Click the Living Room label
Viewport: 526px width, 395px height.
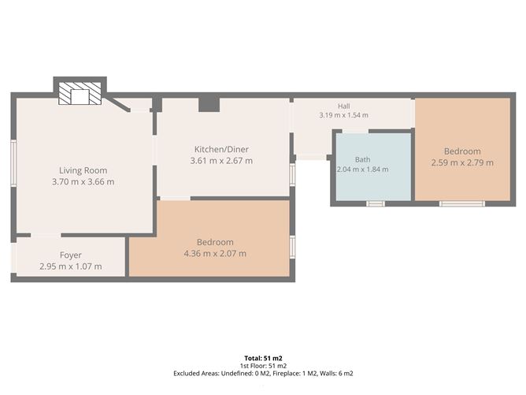pyautogui.click(x=83, y=170)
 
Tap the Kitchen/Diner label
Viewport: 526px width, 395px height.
pyautogui.click(x=221, y=149)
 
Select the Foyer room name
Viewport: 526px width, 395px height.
pyautogui.click(x=70, y=255)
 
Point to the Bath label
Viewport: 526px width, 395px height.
pyautogui.click(x=363, y=159)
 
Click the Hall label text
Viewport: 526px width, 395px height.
pyautogui.click(x=344, y=106)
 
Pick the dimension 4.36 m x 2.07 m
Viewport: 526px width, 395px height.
pyautogui.click(x=215, y=253)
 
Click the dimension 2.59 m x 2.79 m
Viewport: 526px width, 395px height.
pyautogui.click(x=462, y=162)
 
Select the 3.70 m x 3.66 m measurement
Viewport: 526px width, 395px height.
pyautogui.click(x=83, y=181)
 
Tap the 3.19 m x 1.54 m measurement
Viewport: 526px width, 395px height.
pyautogui.click(x=344, y=115)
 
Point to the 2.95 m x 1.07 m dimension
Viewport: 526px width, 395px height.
pyautogui.click(x=70, y=266)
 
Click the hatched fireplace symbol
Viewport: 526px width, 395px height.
pyautogui.click(x=80, y=93)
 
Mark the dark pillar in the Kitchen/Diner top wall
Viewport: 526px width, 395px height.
pyautogui.click(x=209, y=104)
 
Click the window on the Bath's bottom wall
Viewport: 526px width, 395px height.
pyautogui.click(x=375, y=203)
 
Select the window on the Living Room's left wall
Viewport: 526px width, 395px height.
pyautogui.click(x=13, y=163)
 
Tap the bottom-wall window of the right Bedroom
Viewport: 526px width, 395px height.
pyautogui.click(x=462, y=203)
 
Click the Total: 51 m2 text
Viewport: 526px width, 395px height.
pyautogui.click(x=263, y=358)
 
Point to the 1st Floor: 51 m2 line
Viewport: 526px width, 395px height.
pyautogui.click(x=263, y=366)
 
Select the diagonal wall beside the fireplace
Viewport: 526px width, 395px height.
pyautogui.click(x=117, y=104)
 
